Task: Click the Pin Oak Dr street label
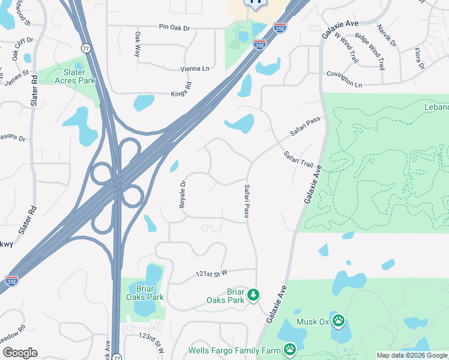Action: click(174, 27)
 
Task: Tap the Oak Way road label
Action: click(137, 44)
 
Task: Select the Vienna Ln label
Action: click(195, 69)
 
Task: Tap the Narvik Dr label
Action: click(387, 35)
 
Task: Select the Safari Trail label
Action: click(299, 159)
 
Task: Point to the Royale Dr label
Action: click(182, 193)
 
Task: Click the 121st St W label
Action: click(211, 274)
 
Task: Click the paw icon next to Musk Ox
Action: click(339, 321)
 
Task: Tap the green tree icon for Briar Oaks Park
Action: click(253, 295)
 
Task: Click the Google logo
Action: click(19, 353)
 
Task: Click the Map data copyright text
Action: click(412, 355)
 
